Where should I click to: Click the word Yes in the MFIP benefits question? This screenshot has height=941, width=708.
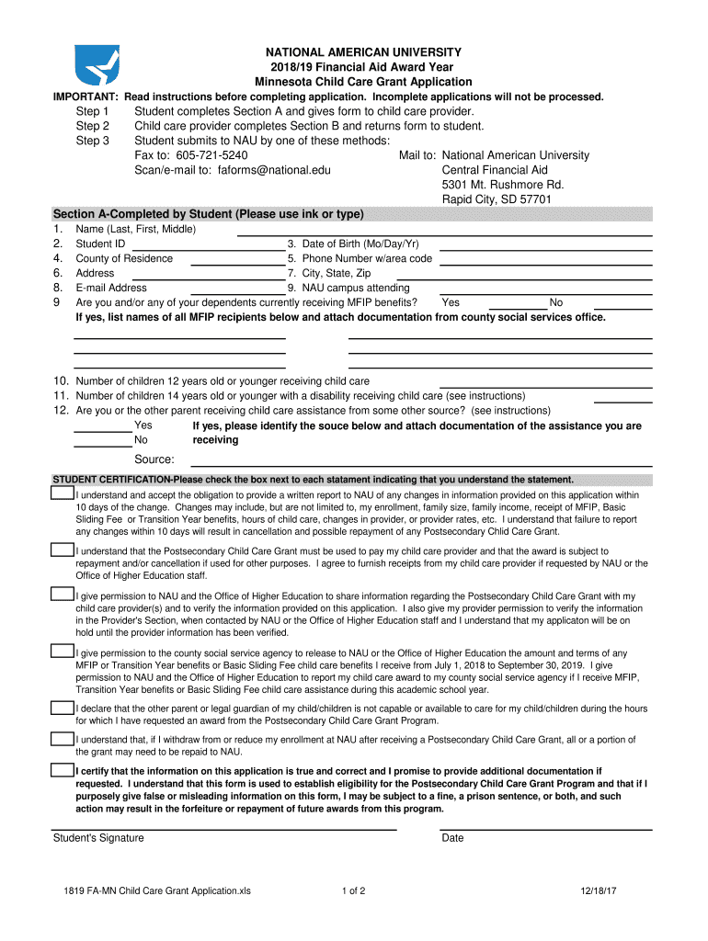pyautogui.click(x=451, y=302)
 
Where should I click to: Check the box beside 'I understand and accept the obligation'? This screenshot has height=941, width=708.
pyautogui.click(x=63, y=494)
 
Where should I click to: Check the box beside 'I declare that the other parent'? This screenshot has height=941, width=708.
pyautogui.click(x=63, y=709)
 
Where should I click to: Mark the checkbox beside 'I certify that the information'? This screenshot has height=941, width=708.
pyautogui.click(x=63, y=771)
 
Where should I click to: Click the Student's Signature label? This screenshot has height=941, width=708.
pyautogui.click(x=98, y=838)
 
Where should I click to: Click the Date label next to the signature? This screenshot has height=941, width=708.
pyautogui.click(x=452, y=838)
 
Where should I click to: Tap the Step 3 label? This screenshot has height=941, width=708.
pyautogui.click(x=93, y=141)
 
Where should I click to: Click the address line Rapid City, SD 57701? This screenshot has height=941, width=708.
pyautogui.click(x=497, y=199)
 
